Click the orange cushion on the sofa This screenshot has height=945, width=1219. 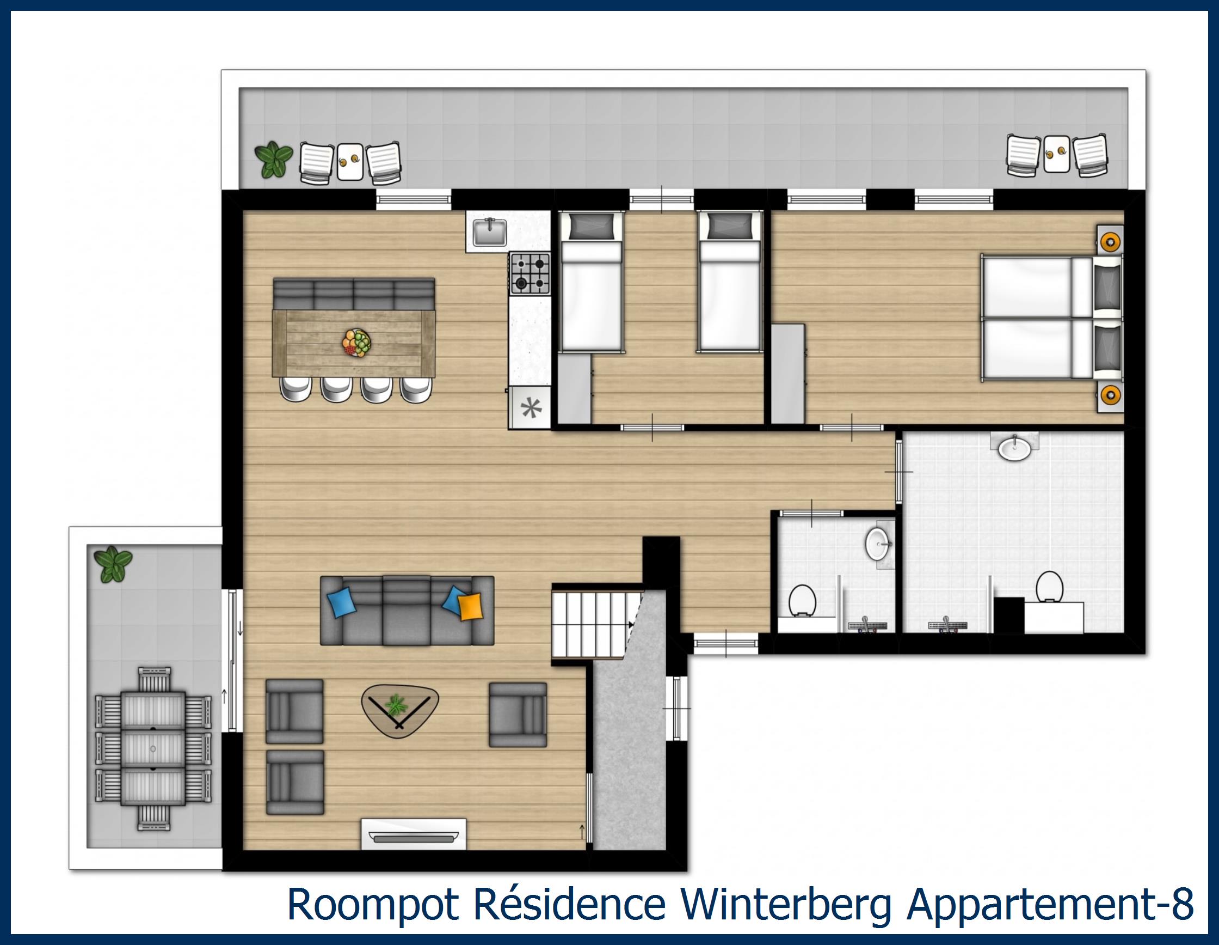(470, 606)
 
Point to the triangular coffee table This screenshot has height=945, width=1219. (399, 708)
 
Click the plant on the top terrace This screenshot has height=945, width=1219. (274, 158)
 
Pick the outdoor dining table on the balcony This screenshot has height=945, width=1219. (153, 746)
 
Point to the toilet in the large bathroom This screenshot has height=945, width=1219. (1048, 587)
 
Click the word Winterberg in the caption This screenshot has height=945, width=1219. (784, 906)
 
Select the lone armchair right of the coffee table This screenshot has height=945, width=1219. (518, 715)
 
